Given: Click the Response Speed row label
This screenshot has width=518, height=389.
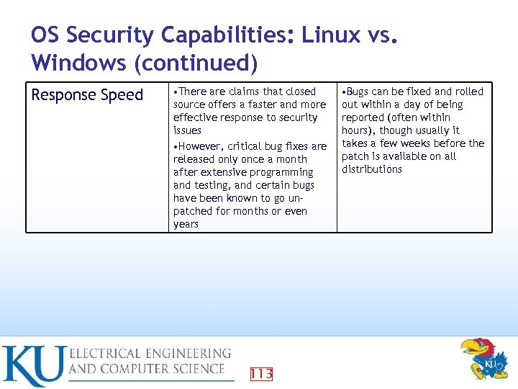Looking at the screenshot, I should pyautogui.click(x=87, y=95).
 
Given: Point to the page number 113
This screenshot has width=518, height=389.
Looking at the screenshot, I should pyautogui.click(x=261, y=373).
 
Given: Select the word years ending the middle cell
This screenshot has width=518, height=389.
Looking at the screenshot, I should pyautogui.click(x=186, y=224).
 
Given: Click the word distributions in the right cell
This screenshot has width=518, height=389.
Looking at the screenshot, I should pyautogui.click(x=371, y=169).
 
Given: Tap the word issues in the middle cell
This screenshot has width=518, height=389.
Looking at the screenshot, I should pyautogui.click(x=187, y=130).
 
